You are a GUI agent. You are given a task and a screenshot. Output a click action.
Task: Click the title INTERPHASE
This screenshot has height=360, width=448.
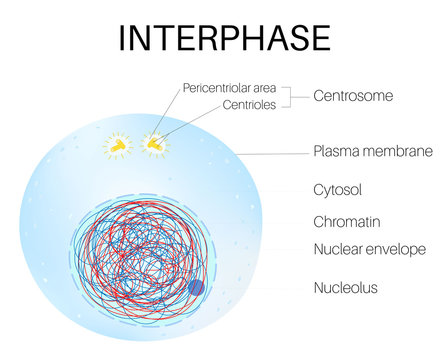pyautogui.click(x=224, y=36)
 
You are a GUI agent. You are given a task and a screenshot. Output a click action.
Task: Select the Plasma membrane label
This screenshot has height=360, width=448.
pyautogui.click(x=372, y=152)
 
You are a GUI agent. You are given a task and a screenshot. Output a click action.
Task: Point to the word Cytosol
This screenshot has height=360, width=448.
pyautogui.click(x=338, y=187)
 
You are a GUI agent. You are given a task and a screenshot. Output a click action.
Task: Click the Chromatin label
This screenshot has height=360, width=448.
pyautogui.click(x=346, y=221)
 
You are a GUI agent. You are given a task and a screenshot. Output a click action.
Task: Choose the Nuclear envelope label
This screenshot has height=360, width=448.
pyautogui.click(x=370, y=248)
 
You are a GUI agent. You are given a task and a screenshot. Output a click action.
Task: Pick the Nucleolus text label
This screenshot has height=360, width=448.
pyautogui.click(x=346, y=288)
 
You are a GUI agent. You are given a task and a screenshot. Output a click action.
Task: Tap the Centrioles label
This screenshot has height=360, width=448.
pyautogui.click(x=250, y=104)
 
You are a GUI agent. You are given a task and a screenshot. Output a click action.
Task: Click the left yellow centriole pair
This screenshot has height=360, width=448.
pyautogui.click(x=119, y=146)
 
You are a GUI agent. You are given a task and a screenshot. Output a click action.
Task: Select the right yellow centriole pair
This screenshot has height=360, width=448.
pyautogui.click(x=155, y=145)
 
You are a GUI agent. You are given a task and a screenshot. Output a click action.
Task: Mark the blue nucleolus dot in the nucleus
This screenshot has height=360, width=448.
pyautogui.click(x=196, y=288)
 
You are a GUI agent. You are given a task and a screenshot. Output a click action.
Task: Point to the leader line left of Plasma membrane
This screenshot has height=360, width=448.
pyautogui.click(x=270, y=153)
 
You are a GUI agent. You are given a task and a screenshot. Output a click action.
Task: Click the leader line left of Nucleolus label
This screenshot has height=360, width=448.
pyautogui.click(x=260, y=288)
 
